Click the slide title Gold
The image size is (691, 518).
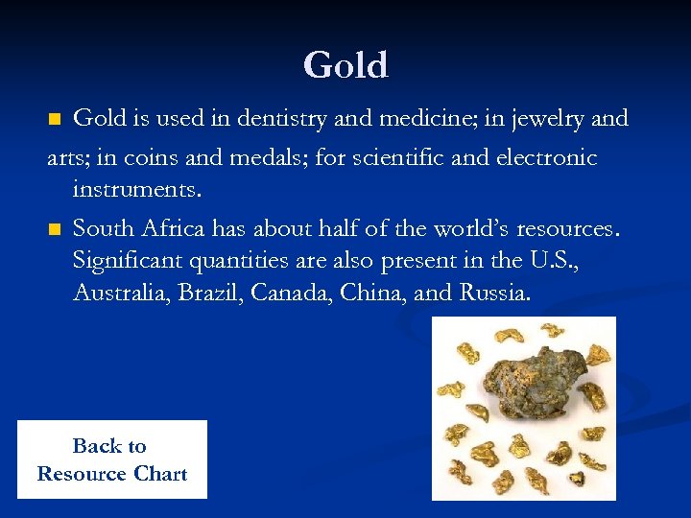[x=345, y=65]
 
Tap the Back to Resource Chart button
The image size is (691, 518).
[x=111, y=459]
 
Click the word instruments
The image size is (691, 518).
[x=136, y=190]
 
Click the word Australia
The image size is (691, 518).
[x=119, y=293]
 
